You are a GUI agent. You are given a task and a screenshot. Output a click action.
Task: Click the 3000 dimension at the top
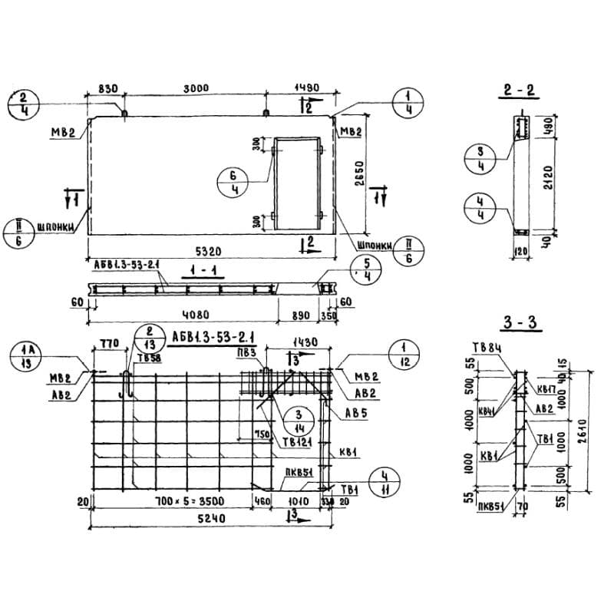(x=196, y=88)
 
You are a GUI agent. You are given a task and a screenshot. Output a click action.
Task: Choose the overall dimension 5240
(x=210, y=519)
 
